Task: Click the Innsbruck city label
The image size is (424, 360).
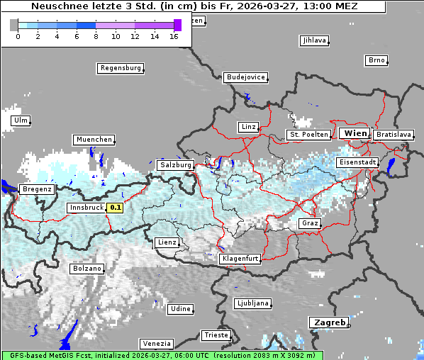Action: point(86,208)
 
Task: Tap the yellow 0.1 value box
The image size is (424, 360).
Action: point(114,208)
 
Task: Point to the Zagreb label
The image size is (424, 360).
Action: point(328,322)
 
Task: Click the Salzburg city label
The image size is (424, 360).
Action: point(175,165)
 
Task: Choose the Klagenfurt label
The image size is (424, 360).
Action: point(240,259)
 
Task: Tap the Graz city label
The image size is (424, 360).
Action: point(309,223)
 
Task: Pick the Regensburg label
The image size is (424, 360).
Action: point(120,68)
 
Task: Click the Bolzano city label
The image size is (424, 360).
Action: point(87,269)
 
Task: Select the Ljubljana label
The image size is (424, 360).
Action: point(252,303)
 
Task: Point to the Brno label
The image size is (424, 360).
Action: point(376,60)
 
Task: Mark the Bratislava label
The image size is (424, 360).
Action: point(394,134)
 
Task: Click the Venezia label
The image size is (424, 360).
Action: point(155,343)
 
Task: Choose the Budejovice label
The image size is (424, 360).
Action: point(245,77)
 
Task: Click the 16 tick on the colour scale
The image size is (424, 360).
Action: point(174,36)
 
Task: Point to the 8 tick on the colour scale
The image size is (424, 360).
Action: point(96,36)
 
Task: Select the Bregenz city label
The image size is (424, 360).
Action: point(37,189)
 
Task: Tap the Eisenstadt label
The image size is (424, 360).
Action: point(357,162)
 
